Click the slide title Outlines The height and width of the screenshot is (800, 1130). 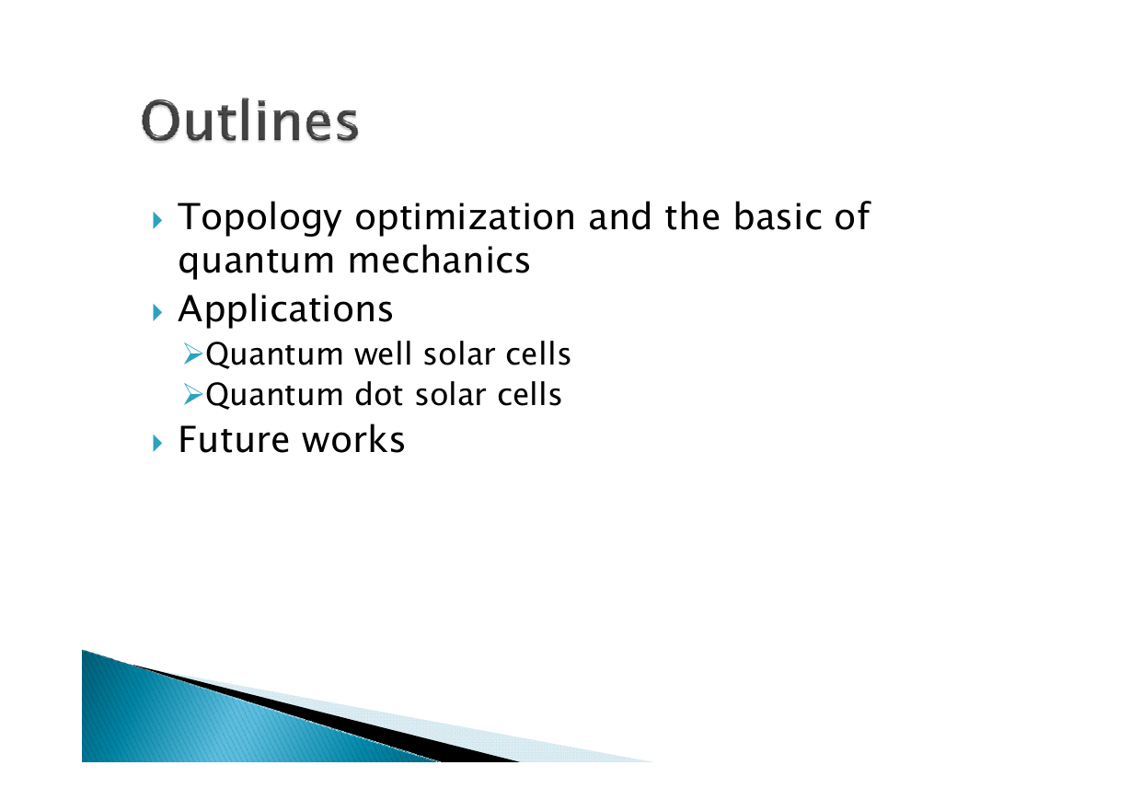click(249, 122)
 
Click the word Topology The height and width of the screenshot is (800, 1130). click(259, 218)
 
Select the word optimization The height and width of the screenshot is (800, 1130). click(465, 218)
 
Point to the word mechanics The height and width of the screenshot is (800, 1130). click(439, 261)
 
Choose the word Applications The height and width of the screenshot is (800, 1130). click(285, 310)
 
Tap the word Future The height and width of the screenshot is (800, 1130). click(234, 440)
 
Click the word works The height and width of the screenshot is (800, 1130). click(353, 440)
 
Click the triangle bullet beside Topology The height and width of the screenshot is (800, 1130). click(157, 221)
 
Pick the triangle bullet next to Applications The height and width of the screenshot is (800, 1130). click(157, 313)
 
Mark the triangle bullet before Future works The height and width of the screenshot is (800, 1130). click(157, 444)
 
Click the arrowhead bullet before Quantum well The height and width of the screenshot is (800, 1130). click(193, 354)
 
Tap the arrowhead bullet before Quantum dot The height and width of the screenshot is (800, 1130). click(193, 394)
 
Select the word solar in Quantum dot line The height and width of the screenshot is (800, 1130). click(451, 394)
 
